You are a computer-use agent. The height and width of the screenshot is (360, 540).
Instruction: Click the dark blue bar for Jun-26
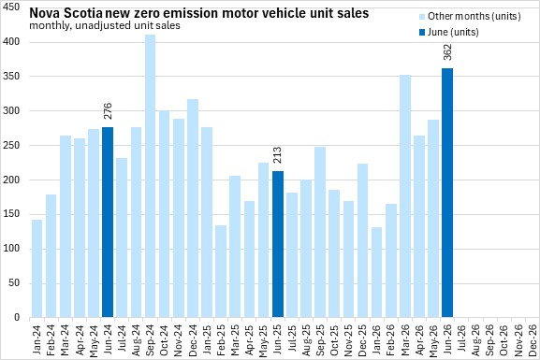click(447, 193)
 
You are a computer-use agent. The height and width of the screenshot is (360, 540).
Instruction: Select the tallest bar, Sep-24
click(150, 176)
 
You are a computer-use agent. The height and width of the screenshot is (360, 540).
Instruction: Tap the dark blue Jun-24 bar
click(108, 223)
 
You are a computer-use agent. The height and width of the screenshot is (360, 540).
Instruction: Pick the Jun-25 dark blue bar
click(278, 244)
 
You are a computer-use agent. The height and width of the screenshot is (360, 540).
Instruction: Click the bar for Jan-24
click(36, 268)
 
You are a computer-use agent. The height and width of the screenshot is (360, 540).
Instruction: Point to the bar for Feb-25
click(221, 271)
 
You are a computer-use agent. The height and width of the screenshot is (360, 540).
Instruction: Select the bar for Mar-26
click(405, 196)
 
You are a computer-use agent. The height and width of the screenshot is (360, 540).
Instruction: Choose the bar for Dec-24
click(193, 209)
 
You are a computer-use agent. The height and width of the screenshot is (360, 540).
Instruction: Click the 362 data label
click(447, 52)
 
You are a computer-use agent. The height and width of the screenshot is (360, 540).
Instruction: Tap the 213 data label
click(278, 155)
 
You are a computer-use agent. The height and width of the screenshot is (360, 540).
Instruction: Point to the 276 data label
click(108, 111)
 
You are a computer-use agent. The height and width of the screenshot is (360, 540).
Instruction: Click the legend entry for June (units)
click(449, 33)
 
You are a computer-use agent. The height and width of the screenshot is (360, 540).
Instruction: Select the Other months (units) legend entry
click(470, 16)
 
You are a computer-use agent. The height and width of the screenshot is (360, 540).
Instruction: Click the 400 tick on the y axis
click(11, 42)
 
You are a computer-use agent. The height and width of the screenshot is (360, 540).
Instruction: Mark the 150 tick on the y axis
click(11, 214)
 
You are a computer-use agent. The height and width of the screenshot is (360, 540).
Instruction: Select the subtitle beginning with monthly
click(105, 26)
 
